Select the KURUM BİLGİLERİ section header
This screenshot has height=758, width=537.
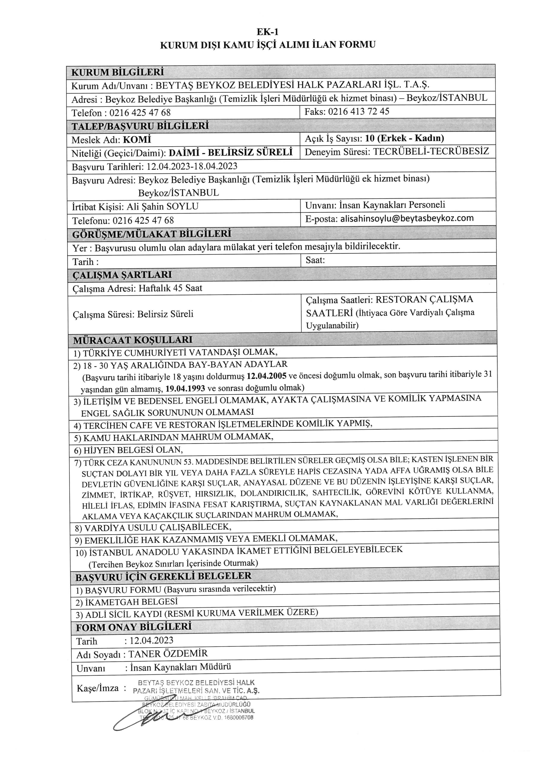point(118,72)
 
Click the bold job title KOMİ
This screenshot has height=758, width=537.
point(137,139)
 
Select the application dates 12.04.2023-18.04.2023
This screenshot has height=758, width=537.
point(192,166)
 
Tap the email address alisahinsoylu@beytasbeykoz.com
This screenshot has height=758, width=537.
point(407,218)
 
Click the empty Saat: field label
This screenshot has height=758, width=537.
point(315,260)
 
